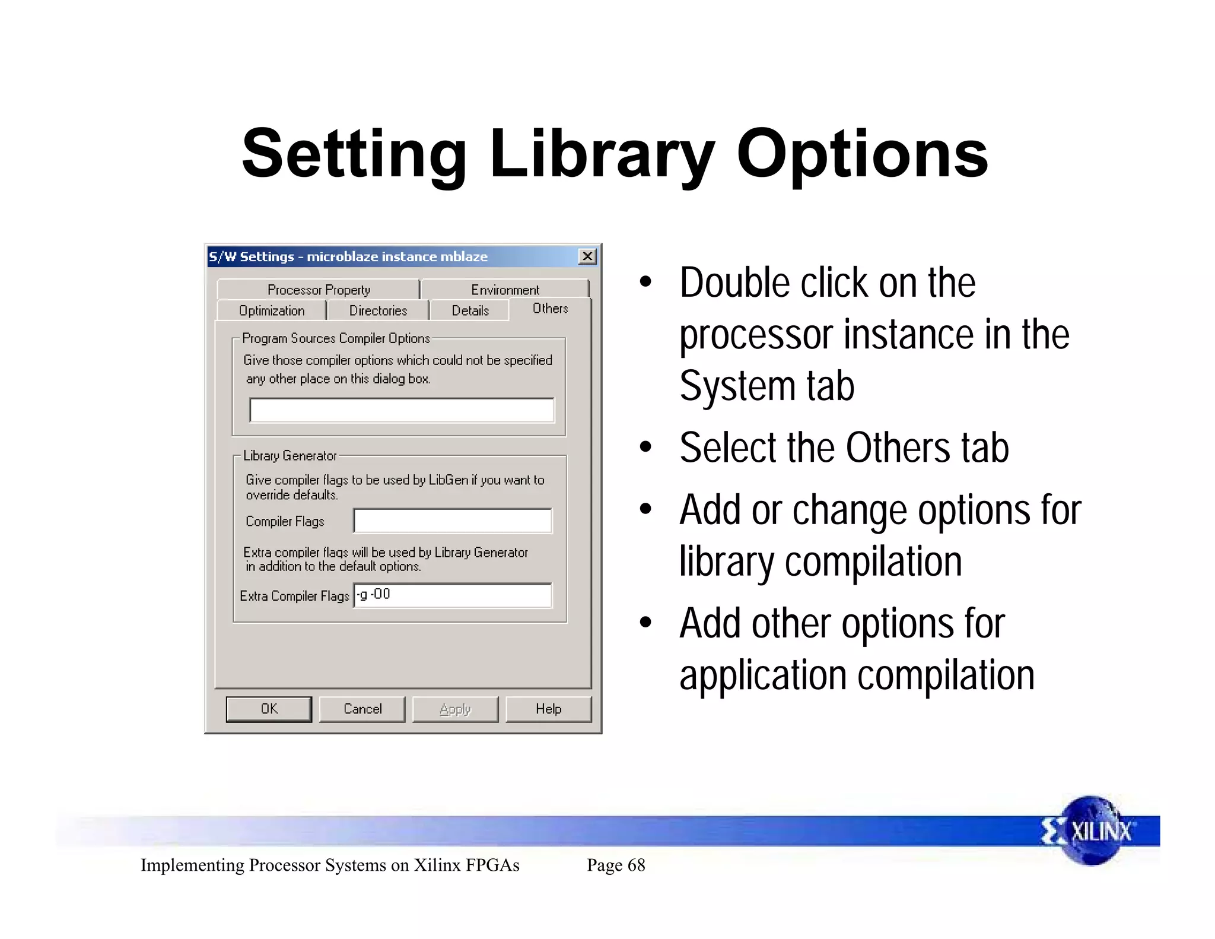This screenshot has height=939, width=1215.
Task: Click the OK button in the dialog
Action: pos(269,709)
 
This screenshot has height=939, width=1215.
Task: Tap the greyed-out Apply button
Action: pos(455,709)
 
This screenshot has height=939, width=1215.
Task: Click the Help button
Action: pos(548,709)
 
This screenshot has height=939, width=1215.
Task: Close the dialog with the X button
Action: pos(587,256)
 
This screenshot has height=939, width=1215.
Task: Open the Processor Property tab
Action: pos(319,290)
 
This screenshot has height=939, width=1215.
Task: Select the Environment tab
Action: pos(505,290)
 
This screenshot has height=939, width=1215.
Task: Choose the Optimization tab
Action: pos(272,310)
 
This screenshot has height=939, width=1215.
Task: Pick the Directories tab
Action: pos(378,310)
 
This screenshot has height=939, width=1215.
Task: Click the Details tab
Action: pos(470,310)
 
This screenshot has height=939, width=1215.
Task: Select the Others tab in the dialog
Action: pos(550,309)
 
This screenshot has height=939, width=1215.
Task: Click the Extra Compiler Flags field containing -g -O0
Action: pos(453,595)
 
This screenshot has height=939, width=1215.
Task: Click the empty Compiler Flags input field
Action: pos(453,521)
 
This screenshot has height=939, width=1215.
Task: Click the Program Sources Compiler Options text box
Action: pos(402,410)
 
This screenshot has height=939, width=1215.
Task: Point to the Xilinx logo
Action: pos(1090,830)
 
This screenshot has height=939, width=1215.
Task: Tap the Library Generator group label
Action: pos(290,455)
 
